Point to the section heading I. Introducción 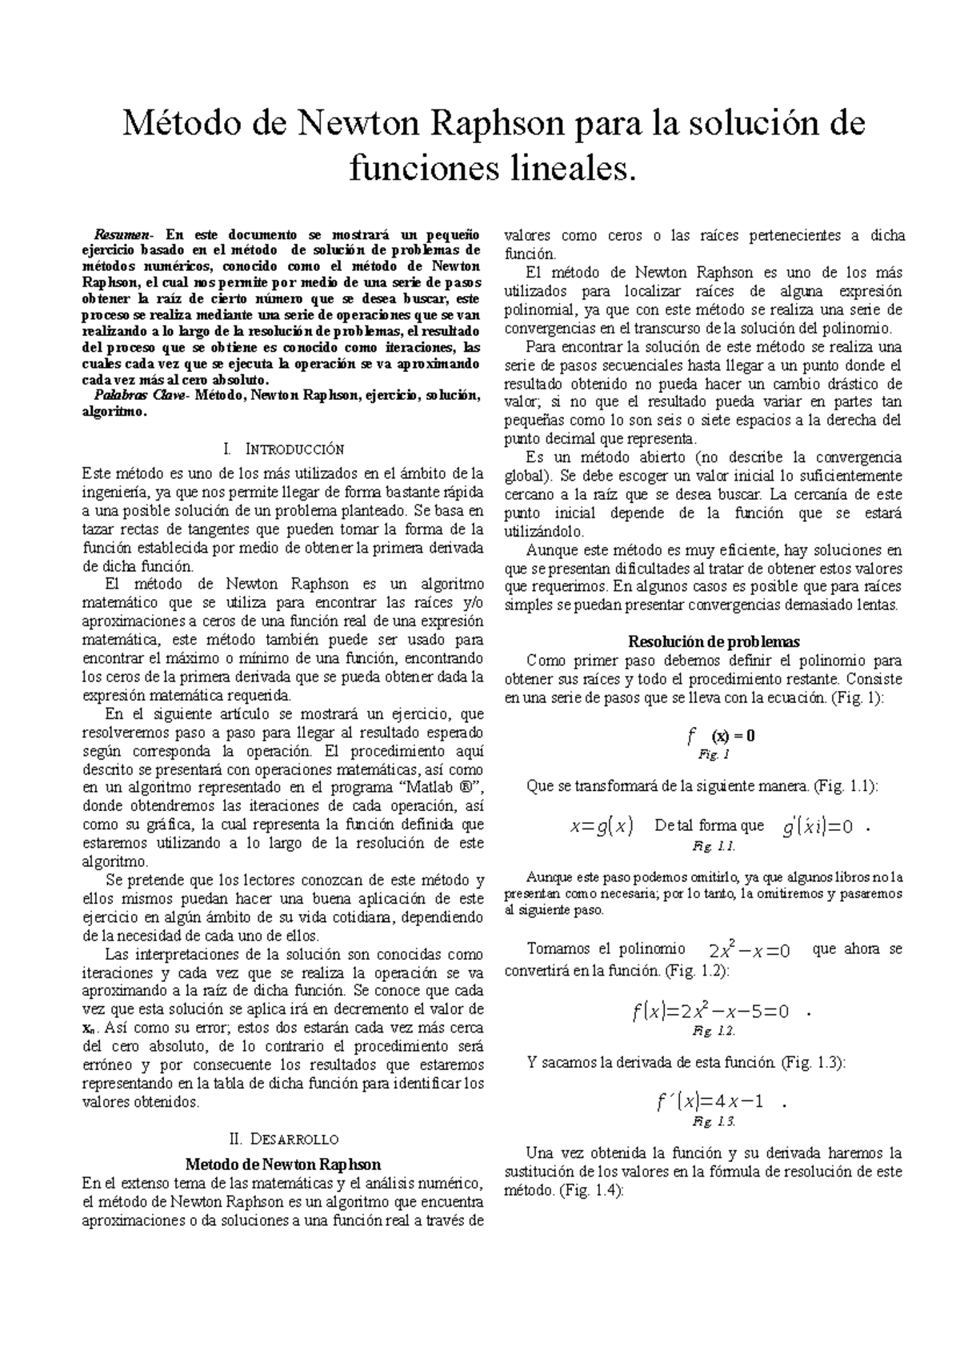coord(285,449)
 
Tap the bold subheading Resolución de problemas coord(703,641)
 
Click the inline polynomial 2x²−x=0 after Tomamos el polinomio coord(750,951)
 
